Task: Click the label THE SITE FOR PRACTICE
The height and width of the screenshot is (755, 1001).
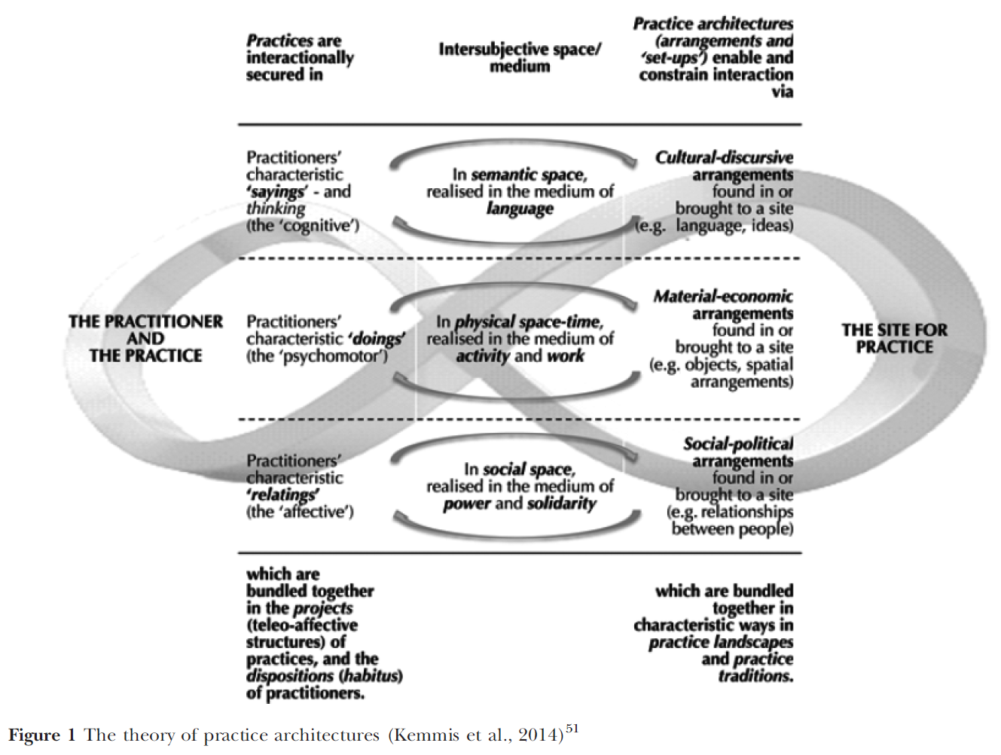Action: (x=894, y=338)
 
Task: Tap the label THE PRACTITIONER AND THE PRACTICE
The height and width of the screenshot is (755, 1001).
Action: (x=145, y=338)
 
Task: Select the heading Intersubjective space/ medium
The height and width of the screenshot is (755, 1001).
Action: (x=520, y=57)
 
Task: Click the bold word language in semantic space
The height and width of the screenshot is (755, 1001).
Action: (x=520, y=209)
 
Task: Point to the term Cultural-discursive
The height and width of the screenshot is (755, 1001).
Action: (x=724, y=157)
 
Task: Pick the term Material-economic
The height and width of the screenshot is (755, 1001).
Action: (x=723, y=297)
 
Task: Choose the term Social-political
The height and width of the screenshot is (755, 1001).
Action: (x=738, y=444)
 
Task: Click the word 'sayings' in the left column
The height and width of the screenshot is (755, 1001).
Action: (x=277, y=191)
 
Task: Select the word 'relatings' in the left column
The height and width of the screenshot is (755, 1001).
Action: (x=283, y=495)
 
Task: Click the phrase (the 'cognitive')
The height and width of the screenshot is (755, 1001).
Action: (x=303, y=225)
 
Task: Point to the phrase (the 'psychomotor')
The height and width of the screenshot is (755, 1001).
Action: (x=317, y=355)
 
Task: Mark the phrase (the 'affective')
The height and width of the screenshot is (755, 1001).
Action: (x=300, y=512)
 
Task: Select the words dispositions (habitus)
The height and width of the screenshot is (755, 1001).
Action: (x=324, y=675)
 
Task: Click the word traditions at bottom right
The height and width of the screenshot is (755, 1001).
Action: (x=755, y=675)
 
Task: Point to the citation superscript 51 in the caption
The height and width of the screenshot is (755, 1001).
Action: (x=572, y=729)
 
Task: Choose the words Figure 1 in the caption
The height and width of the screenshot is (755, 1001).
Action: (x=41, y=735)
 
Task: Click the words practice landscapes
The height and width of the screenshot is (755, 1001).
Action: (x=721, y=642)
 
